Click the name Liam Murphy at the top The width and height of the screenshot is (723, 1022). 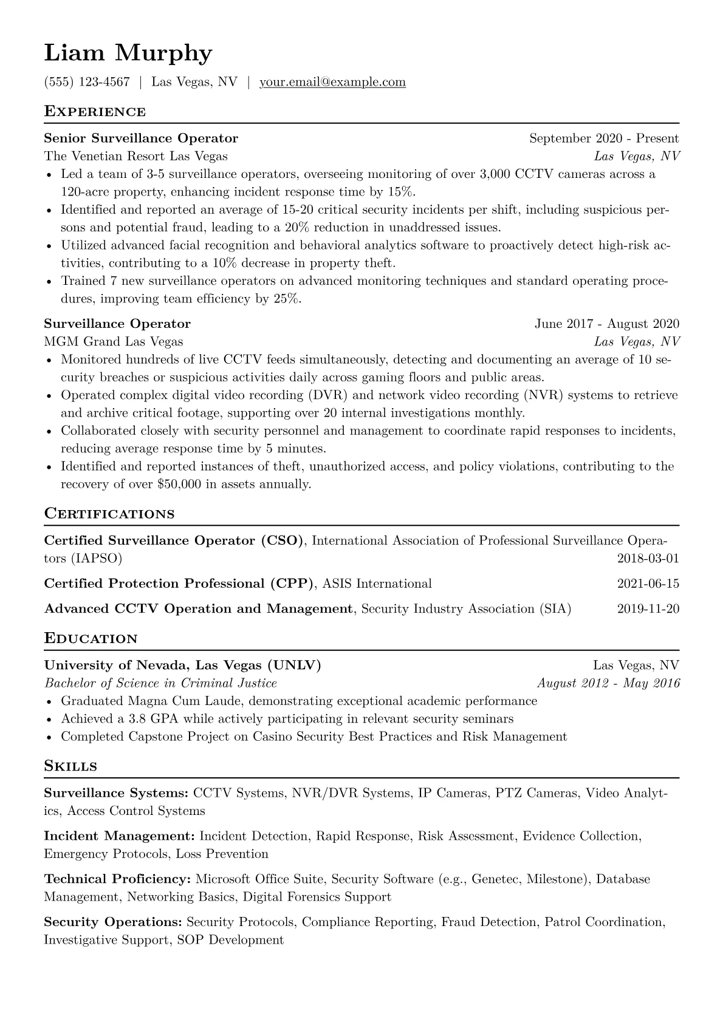(128, 53)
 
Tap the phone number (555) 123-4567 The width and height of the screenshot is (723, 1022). (87, 82)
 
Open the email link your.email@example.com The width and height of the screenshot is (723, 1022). (332, 82)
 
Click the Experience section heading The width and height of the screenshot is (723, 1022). (95, 112)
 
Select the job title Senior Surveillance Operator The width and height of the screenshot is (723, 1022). (141, 138)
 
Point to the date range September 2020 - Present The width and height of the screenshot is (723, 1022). (604, 138)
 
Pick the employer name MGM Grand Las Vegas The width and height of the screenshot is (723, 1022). (114, 341)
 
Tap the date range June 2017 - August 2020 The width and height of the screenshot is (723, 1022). (606, 324)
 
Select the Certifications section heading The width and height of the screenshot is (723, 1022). (109, 514)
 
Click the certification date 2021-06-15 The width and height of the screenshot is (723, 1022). (648, 584)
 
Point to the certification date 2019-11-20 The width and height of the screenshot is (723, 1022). (648, 609)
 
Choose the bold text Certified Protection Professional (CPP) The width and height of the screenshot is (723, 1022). (179, 584)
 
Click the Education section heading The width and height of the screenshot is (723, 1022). (91, 639)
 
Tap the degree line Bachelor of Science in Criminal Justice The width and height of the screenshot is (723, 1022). (160, 683)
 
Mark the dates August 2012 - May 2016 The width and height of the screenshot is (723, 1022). (608, 683)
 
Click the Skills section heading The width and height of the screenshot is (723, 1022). (70, 766)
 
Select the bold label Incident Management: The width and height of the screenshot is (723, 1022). (120, 836)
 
